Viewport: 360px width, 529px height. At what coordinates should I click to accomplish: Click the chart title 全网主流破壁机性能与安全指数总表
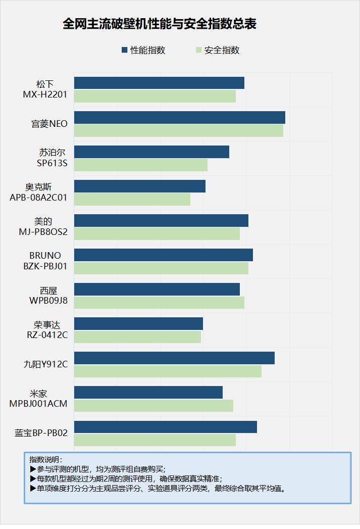[x=160, y=24]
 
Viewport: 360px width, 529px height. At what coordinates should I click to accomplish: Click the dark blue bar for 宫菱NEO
[x=179, y=117]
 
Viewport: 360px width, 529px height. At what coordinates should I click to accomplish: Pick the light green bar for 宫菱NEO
[x=178, y=130]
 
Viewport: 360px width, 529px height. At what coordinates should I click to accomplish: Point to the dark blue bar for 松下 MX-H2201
[x=159, y=83]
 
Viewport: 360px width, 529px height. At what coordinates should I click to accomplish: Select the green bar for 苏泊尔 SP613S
[x=140, y=165]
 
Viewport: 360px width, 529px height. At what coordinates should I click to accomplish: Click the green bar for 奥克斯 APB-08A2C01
[x=132, y=199]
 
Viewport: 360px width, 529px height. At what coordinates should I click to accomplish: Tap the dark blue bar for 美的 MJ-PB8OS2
[x=161, y=220]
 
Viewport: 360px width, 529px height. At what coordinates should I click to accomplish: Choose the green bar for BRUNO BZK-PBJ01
[x=161, y=268]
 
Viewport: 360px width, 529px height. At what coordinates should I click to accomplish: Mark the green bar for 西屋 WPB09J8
[x=159, y=302]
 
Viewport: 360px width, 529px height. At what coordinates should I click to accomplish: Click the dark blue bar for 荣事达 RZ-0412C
[x=138, y=323]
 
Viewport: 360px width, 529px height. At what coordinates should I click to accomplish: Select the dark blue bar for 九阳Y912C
[x=174, y=358]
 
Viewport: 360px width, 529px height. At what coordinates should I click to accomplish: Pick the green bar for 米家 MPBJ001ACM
[x=153, y=405]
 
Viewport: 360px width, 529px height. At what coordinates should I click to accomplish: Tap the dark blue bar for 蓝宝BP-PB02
[x=165, y=426]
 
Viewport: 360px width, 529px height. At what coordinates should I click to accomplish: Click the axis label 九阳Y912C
[x=46, y=364]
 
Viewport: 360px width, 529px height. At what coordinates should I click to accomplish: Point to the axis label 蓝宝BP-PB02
[x=41, y=432]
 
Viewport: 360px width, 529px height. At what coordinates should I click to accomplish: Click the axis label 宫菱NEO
[x=49, y=123]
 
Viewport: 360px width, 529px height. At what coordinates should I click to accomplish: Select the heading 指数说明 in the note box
[x=44, y=460]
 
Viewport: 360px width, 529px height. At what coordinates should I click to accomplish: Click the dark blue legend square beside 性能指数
[x=124, y=50]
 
